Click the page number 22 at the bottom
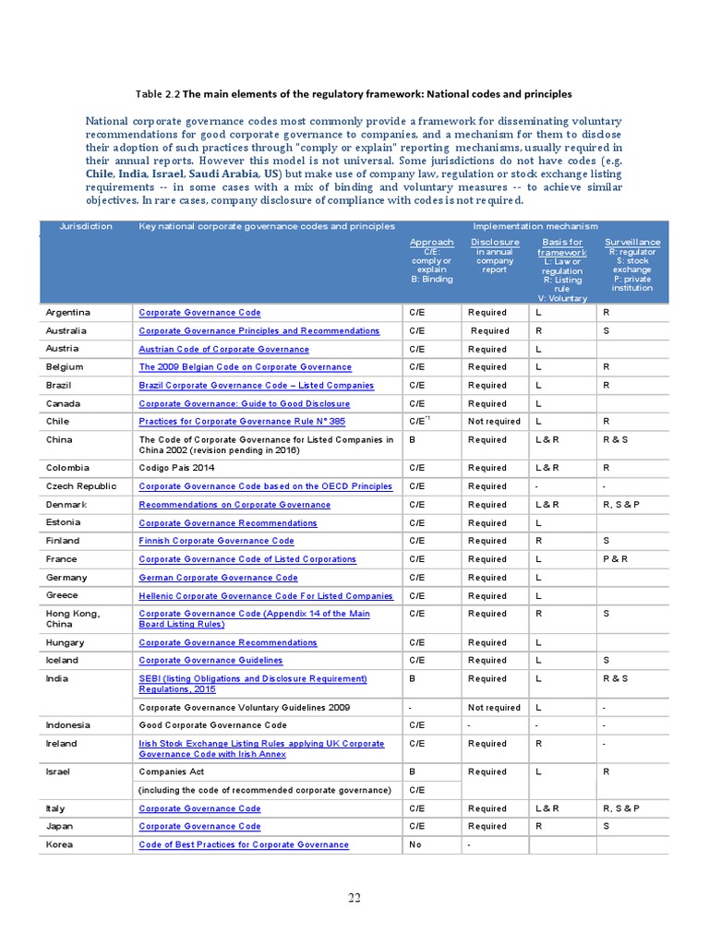pos(354,901)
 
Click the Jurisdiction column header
pos(86,226)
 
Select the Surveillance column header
pos(632,243)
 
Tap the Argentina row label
pos(68,313)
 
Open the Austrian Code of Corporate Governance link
pos(223,350)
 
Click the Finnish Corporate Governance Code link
pos(216,541)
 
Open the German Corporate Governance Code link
pos(218,578)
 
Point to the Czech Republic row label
pos(81,486)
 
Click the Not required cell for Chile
pos(494,422)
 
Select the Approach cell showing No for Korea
pos(416,845)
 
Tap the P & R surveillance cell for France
pos(615,559)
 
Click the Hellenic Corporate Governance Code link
pos(265,596)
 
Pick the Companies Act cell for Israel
pos(173,772)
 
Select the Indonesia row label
pos(68,725)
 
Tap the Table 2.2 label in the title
pos(157,94)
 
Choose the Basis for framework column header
pos(561,247)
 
